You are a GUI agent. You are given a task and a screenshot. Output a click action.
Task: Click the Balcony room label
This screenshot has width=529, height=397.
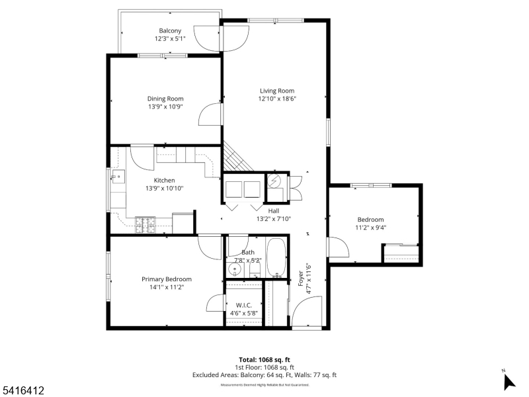pyautogui.click(x=170, y=31)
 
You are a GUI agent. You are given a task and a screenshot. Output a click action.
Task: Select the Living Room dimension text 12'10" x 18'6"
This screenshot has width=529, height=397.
pyautogui.click(x=277, y=99)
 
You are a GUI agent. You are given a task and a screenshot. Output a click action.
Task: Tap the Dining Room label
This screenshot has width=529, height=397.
pyautogui.click(x=165, y=99)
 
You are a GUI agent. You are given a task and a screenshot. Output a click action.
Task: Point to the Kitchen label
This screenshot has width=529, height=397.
pyautogui.click(x=164, y=180)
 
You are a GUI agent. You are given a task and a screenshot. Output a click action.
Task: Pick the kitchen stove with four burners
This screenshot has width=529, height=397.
pyautogui.click(x=145, y=225)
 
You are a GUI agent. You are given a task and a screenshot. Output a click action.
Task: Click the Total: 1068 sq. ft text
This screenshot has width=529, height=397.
pyautogui.click(x=264, y=359)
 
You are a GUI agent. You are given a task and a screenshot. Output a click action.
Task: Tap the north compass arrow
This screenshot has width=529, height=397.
pyautogui.click(x=509, y=381)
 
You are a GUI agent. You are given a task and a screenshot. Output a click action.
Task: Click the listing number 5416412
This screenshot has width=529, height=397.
pyautogui.click(x=22, y=391)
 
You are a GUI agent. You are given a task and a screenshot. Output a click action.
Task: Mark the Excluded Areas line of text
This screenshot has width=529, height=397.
pyautogui.click(x=264, y=375)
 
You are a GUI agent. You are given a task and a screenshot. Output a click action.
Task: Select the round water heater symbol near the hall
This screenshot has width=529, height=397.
pyautogui.click(x=275, y=181)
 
